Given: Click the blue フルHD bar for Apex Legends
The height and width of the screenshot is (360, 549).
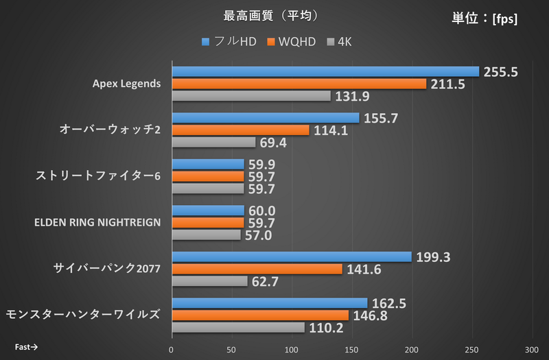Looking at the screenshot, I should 325,71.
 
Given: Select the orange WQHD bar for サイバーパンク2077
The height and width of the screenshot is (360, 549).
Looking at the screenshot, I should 257,269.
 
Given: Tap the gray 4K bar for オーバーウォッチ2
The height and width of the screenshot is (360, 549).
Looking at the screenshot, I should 213,143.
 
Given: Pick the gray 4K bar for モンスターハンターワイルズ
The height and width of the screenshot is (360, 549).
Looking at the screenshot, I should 237,328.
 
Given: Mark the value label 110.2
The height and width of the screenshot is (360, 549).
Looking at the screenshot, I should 327,328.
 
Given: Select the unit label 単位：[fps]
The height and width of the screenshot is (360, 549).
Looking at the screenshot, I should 484,19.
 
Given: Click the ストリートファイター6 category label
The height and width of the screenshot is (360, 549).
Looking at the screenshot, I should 97,176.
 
